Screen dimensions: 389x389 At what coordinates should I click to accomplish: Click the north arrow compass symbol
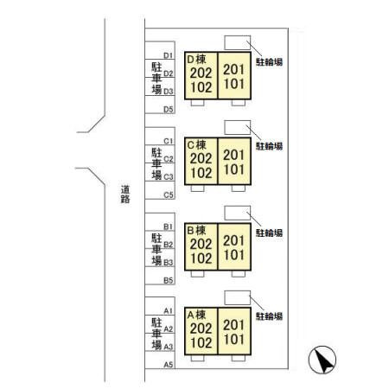322,360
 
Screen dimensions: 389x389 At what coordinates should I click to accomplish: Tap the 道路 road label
125,194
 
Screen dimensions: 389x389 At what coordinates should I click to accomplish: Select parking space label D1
169,55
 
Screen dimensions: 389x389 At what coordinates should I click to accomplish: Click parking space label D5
169,110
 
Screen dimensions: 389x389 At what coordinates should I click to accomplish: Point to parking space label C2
169,159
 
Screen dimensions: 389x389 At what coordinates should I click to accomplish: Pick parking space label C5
169,195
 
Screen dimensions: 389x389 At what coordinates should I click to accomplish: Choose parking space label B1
169,226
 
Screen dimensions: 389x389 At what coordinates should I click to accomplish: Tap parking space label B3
169,263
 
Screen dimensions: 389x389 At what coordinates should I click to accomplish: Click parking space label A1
169,310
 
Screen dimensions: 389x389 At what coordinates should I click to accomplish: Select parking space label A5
169,365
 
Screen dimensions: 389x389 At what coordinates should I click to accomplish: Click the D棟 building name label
196,60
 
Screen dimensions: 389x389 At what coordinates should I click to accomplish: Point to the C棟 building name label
196,145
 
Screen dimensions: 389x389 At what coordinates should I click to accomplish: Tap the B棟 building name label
196,230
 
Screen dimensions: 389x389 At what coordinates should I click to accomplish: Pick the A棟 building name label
196,315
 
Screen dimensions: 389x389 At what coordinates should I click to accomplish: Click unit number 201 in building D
233,69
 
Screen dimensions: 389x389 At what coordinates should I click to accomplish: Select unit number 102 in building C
201,173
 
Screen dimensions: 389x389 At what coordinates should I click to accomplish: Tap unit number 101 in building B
233,255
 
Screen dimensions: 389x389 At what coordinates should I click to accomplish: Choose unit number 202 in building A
201,328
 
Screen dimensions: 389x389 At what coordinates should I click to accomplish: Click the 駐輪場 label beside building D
269,61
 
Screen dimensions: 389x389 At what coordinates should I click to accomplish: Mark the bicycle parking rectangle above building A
238,297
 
